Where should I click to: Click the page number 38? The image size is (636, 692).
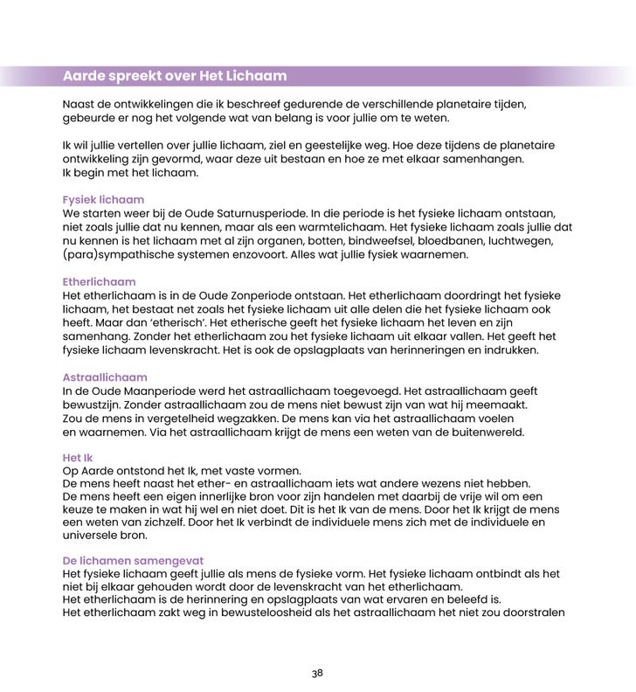317,673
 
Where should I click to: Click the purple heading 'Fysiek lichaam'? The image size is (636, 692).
103,200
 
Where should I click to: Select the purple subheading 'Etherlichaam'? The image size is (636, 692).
99,282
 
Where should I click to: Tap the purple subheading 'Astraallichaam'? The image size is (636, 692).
104,377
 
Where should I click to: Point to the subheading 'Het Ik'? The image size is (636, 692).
78,458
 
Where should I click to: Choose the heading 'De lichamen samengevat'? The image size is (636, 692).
133,560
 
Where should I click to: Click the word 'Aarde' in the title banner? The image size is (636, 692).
84,76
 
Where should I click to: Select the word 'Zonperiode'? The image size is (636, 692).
246,295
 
